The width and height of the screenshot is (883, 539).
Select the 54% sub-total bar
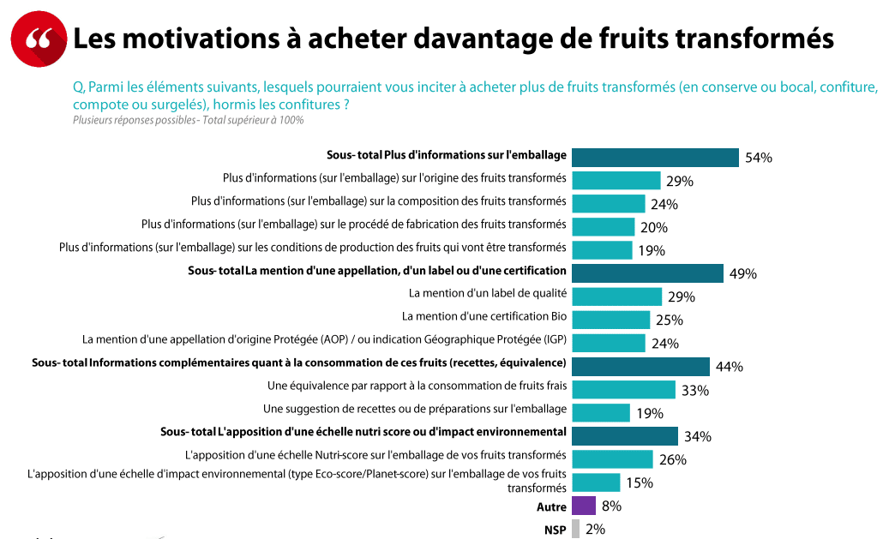tap(655, 158)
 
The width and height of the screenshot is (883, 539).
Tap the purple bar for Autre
tap(584, 506)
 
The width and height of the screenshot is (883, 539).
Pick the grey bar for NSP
tap(575, 529)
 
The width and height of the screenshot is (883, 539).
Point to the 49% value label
tap(742, 274)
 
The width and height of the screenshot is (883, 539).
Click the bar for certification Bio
tap(610, 320)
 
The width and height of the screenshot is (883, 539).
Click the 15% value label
tap(640, 483)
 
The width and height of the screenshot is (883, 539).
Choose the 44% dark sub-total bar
tap(640, 367)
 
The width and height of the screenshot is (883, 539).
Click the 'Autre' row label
tap(551, 507)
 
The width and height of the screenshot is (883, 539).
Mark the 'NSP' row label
tap(555, 530)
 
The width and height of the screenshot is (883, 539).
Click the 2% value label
tap(595, 530)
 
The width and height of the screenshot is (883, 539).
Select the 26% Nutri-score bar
tap(612, 459)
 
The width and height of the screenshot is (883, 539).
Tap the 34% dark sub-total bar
tap(625, 436)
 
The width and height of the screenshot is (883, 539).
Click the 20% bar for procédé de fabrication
tap(603, 227)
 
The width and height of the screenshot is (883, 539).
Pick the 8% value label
tap(611, 506)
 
